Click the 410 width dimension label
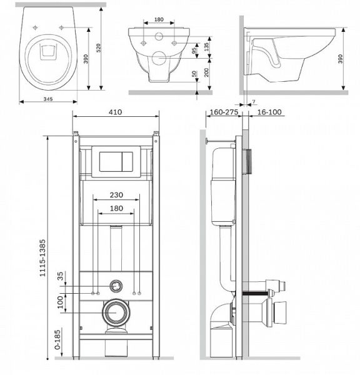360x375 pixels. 115,112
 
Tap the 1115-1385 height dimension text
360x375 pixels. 42,257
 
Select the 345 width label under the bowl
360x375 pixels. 48,99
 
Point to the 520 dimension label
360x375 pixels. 98,48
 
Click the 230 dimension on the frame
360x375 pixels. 116,195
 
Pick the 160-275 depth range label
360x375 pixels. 224,112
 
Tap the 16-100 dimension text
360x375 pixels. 269,112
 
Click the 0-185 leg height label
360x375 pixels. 57,340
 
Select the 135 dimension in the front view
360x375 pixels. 207,47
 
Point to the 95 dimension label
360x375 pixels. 194,50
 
